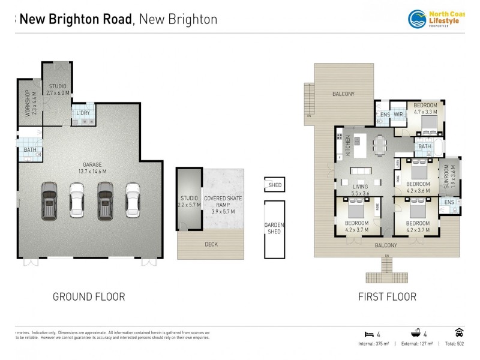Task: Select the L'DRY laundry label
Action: click(x=83, y=113)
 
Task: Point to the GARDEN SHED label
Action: click(x=274, y=229)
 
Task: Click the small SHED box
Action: click(x=275, y=185)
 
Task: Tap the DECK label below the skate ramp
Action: click(x=211, y=244)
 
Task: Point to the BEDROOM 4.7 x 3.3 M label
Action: click(x=425, y=109)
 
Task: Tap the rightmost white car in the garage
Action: click(x=133, y=202)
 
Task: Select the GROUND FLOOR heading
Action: click(x=89, y=296)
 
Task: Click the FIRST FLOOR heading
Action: click(x=387, y=296)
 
